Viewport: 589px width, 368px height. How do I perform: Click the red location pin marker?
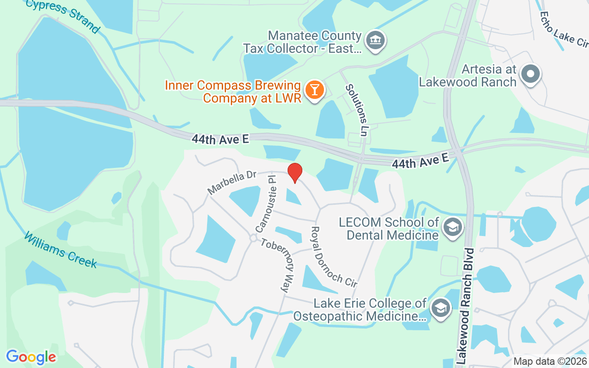[294, 172]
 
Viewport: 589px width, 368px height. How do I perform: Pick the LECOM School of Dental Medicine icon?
[453, 228]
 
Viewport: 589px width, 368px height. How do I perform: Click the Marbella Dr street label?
[231, 182]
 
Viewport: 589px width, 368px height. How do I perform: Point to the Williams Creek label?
[60, 250]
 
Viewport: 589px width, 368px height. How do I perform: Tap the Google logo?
[31, 356]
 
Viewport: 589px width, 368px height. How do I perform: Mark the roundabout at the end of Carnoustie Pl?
[253, 238]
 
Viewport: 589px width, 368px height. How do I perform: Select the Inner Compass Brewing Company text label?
[233, 92]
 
